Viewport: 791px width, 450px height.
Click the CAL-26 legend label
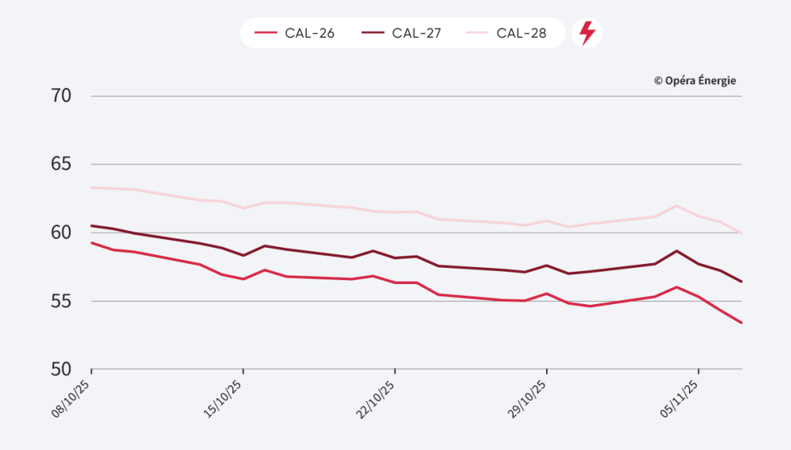click(310, 33)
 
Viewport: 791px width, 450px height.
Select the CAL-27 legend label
click(416, 33)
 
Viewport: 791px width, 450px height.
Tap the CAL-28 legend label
click(521, 33)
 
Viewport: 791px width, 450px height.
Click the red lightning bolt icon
click(587, 33)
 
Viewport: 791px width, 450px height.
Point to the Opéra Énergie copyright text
click(694, 80)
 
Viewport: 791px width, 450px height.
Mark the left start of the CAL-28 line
click(92, 188)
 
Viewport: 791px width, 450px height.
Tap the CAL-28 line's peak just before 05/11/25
click(677, 205)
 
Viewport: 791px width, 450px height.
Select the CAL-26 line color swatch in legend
click(265, 33)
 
